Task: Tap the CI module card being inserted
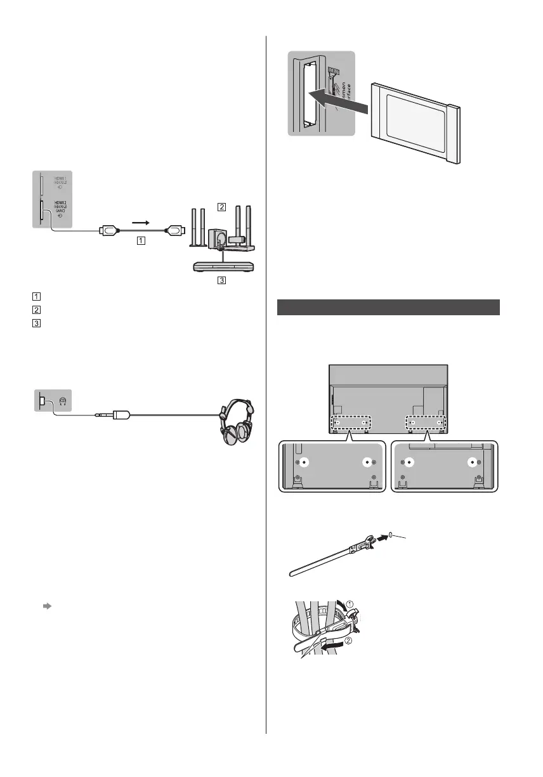click(419, 121)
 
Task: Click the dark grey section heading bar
click(389, 307)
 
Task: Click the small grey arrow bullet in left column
click(46, 606)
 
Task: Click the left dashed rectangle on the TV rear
click(350, 422)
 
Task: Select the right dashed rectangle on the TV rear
click(424, 422)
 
